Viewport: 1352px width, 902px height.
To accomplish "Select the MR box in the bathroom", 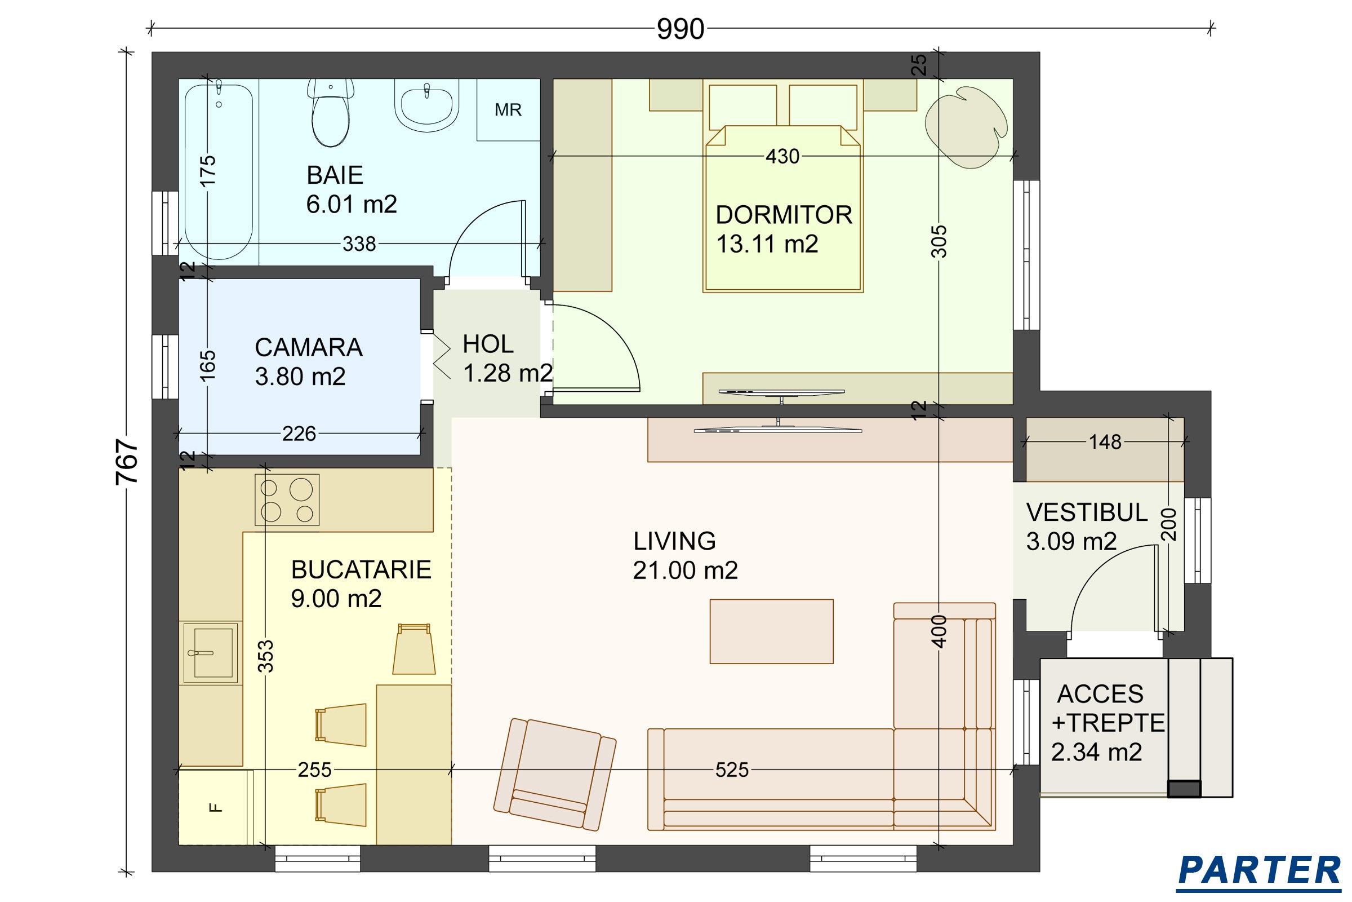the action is click(x=508, y=110).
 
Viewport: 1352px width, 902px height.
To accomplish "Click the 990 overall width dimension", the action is click(x=681, y=29).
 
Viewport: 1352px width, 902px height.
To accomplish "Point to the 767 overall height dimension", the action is click(x=127, y=461).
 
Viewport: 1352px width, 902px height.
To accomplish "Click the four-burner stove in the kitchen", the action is click(x=287, y=499).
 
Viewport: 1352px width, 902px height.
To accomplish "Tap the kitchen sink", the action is click(x=210, y=653).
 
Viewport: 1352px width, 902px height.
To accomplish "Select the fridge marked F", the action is click(x=216, y=807).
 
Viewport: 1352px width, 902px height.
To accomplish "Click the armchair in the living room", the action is click(x=555, y=773).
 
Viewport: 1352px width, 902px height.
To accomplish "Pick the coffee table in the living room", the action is click(x=771, y=631).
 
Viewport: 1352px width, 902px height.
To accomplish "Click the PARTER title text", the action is click(x=1259, y=870).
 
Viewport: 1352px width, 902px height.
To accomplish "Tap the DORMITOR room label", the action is click(x=784, y=215).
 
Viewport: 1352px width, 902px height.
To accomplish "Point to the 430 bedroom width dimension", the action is click(x=782, y=156).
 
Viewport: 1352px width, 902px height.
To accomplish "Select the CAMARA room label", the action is click(x=309, y=347).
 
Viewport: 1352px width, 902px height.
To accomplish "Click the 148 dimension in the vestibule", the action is click(x=1105, y=442).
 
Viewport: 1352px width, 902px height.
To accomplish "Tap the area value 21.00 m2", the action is click(x=685, y=570).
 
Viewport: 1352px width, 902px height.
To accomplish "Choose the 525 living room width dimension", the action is click(x=732, y=770).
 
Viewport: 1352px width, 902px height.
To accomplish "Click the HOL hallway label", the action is click(x=488, y=344).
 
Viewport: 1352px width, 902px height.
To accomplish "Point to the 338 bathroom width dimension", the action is click(x=359, y=244).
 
